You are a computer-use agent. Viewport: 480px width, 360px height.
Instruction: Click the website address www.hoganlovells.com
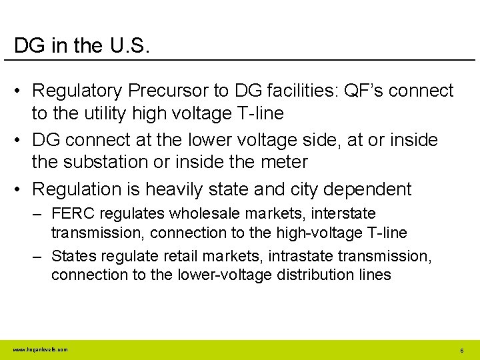[40, 349]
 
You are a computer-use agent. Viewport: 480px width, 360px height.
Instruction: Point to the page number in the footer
[461, 350]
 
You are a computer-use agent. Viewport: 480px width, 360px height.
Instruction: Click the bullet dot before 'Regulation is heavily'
[21, 189]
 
